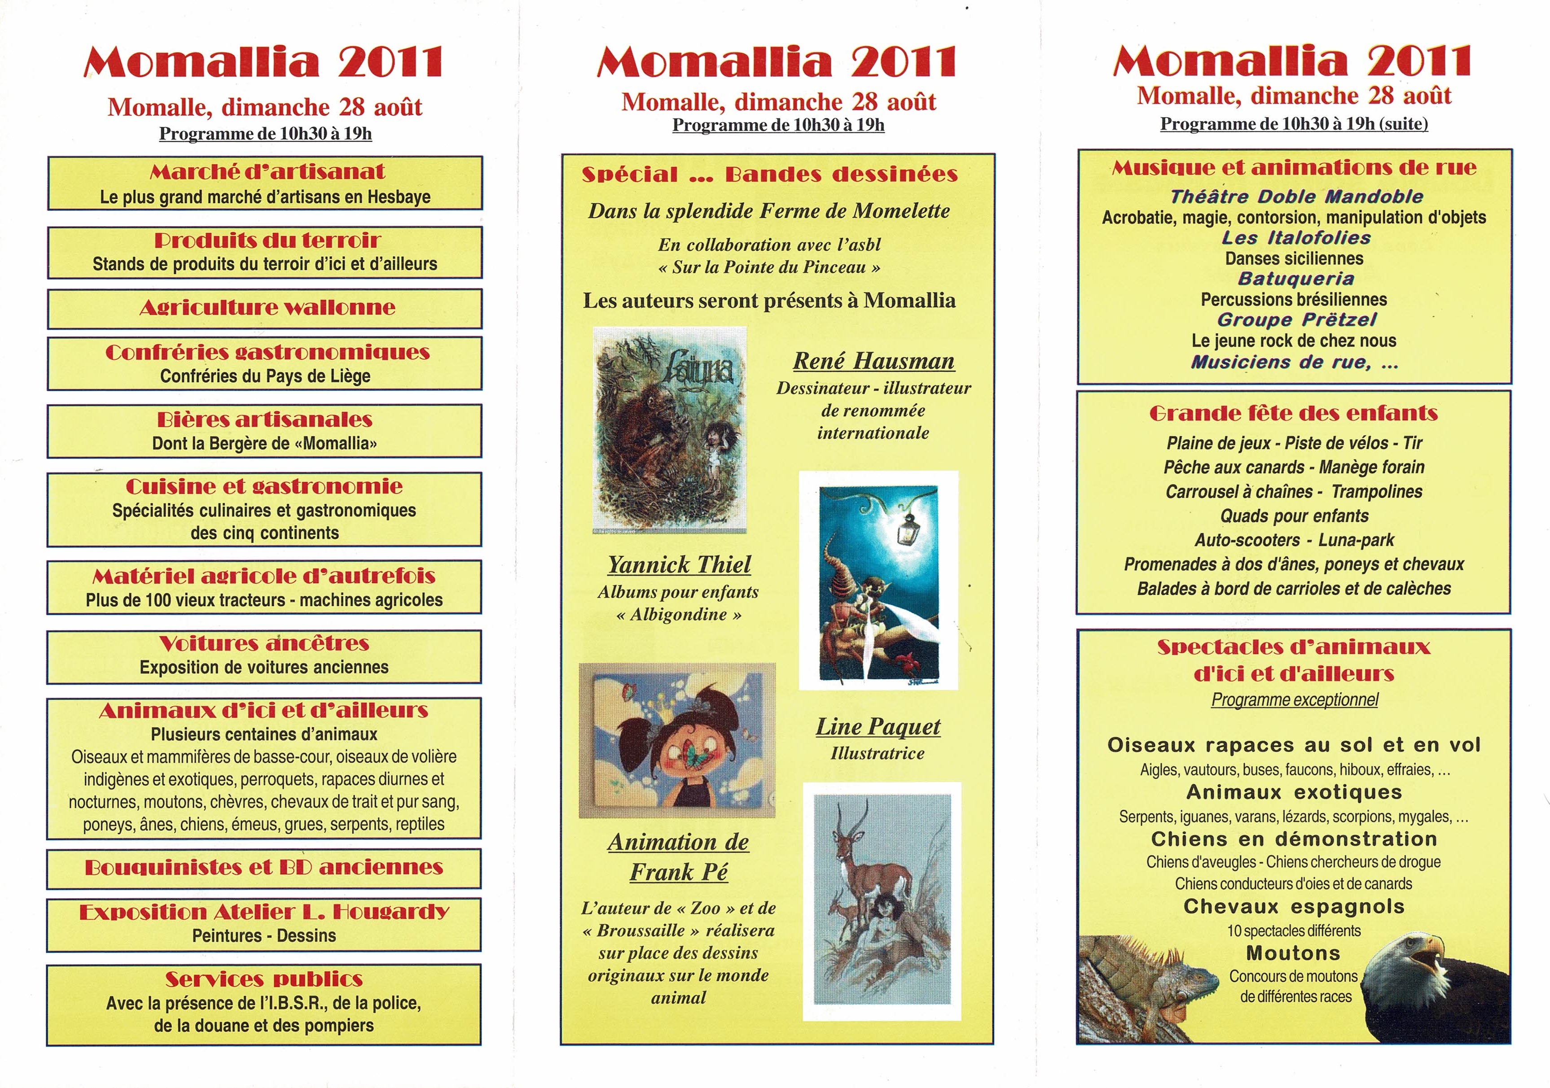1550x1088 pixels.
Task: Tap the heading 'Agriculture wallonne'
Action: tap(268, 308)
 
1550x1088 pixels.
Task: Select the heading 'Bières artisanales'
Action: tap(265, 420)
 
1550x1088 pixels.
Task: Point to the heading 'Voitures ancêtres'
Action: tap(265, 643)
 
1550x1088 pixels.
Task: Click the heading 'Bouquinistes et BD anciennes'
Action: tap(264, 867)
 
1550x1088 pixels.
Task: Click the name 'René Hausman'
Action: tap(874, 361)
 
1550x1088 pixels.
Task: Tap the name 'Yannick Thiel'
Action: tap(679, 564)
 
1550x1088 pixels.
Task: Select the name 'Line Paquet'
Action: tap(878, 727)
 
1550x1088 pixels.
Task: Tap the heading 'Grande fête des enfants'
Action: tap(1294, 414)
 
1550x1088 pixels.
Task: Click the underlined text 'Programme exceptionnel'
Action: tap(1294, 700)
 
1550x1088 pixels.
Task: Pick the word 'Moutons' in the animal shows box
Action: tap(1293, 953)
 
